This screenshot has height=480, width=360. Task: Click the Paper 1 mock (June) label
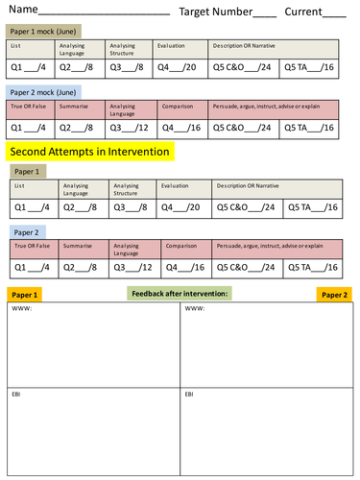point(46,32)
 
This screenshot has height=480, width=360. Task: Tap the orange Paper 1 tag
point(23,295)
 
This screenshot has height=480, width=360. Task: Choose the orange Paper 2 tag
point(335,295)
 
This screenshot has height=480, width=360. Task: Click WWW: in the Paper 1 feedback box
point(22,309)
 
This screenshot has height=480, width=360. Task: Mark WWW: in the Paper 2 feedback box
point(193,309)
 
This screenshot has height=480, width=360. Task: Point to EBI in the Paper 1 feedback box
point(17,394)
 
